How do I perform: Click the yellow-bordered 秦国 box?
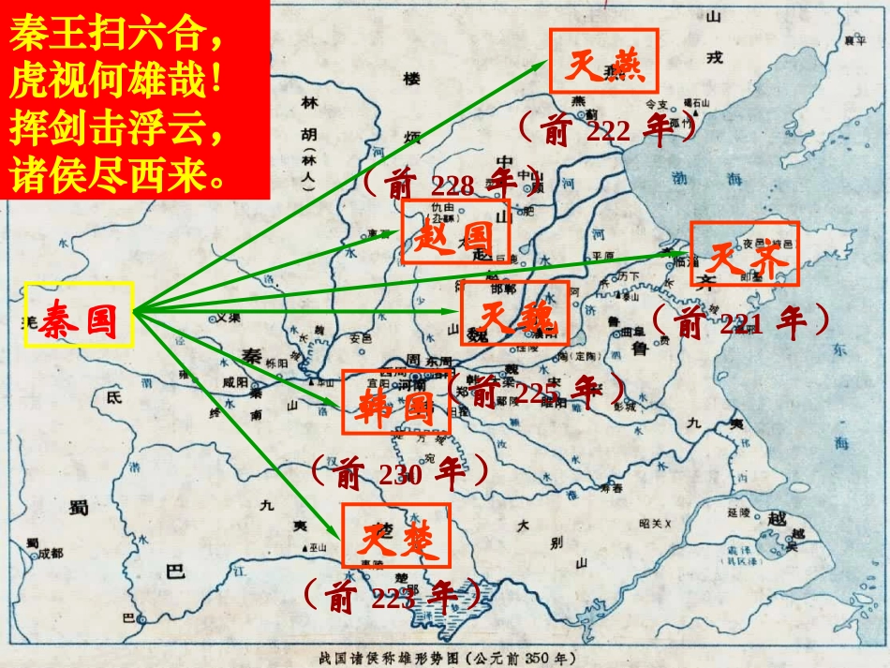pyautogui.click(x=80, y=315)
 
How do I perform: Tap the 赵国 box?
pyautogui.click(x=455, y=230)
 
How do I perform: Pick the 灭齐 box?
pyautogui.click(x=745, y=253)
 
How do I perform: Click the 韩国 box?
pyautogui.click(x=395, y=402)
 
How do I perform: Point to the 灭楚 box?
pyautogui.click(x=395, y=536)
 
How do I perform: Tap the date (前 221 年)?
pyautogui.click(x=739, y=322)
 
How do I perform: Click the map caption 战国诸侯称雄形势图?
pyautogui.click(x=445, y=658)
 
